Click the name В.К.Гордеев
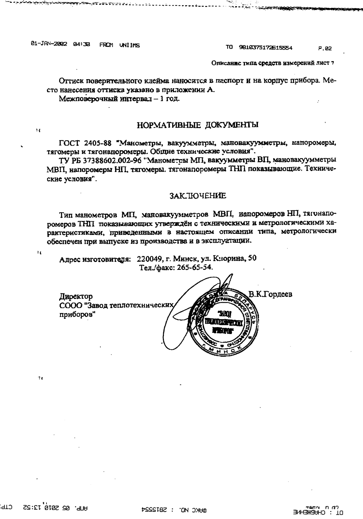270,294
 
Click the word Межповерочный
87,99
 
